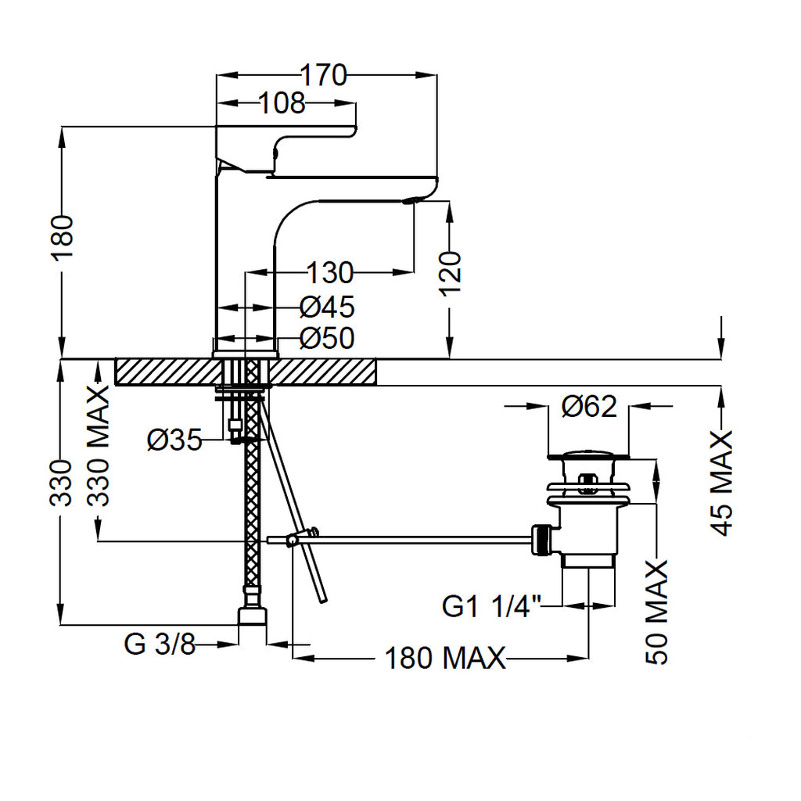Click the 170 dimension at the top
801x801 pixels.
coord(323,75)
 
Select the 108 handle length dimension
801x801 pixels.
coord(282,103)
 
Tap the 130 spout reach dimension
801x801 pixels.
coord(329,273)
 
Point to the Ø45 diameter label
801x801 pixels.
coord(327,307)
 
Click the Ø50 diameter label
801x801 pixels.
coord(327,338)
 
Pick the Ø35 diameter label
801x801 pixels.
coord(174,440)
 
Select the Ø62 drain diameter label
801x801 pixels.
coord(589,407)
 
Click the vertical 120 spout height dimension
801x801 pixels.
coord(451,273)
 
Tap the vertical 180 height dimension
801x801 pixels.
coord(63,238)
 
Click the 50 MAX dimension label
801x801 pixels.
coord(657,612)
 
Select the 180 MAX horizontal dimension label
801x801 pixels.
coord(444,658)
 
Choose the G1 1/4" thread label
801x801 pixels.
coord(491,606)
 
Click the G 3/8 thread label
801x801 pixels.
coord(160,645)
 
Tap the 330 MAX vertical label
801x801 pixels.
coord(98,446)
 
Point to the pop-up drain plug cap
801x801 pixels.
coord(587,454)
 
